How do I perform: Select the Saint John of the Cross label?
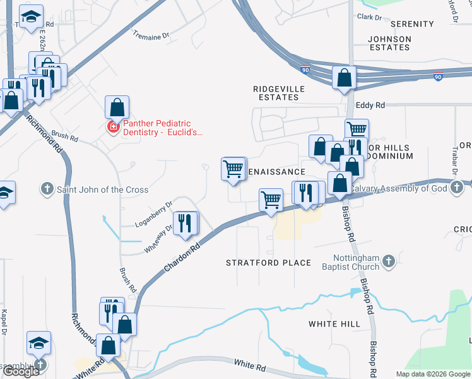[103, 189]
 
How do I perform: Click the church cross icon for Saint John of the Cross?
[47, 189]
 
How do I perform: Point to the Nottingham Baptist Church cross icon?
[388, 260]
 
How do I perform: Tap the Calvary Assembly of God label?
[408, 188]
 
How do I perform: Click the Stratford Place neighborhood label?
[269, 263]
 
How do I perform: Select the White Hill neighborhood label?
[334, 324]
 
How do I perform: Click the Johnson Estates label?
[390, 43]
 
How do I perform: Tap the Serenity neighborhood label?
[412, 24]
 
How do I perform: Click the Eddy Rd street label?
[370, 105]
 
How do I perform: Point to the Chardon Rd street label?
[182, 259]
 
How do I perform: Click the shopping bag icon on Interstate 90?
[345, 78]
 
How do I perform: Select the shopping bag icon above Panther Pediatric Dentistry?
[117, 106]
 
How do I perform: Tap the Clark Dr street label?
[370, 17]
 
